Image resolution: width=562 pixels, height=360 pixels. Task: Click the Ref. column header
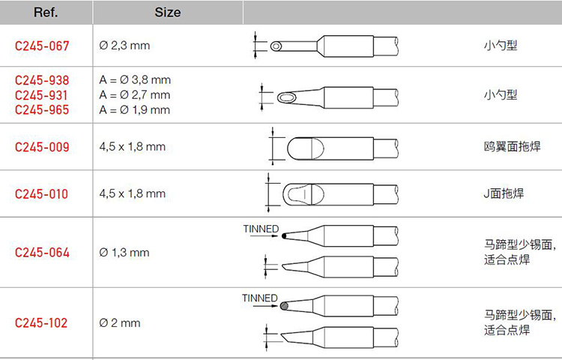(x=46, y=13)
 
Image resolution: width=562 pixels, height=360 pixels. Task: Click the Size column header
(x=167, y=13)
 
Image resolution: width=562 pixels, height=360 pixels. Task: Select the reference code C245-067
(x=42, y=46)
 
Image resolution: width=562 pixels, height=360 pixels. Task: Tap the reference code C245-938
(x=42, y=80)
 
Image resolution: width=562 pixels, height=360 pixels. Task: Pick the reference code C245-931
(x=41, y=95)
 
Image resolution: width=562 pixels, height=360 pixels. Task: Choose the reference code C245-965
(x=42, y=109)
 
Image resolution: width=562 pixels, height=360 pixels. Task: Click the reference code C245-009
(x=42, y=147)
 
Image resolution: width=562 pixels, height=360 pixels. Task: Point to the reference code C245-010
(x=41, y=194)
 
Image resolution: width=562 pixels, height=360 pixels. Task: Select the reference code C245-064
(x=42, y=253)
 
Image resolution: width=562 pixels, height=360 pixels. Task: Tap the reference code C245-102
(x=41, y=322)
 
